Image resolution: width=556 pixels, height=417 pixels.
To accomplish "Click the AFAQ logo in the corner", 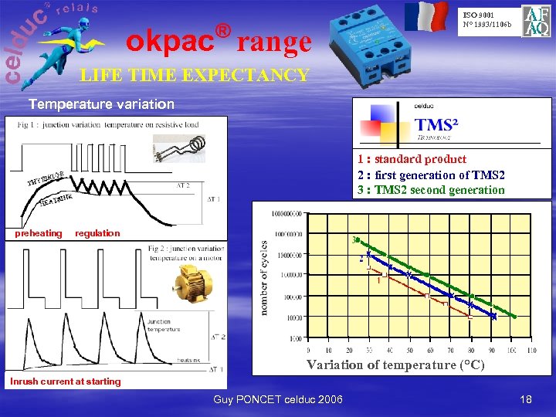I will pos(536,22).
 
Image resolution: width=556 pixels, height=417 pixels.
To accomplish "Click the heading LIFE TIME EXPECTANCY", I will pos(195,76).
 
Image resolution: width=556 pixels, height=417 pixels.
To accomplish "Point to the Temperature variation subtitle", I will pos(101,103).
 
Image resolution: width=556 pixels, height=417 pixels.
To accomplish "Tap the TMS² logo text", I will pos(437,125).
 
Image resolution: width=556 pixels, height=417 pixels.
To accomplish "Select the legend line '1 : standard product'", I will pos(412,159).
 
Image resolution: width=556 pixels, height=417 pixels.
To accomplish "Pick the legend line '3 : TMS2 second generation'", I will pos(430,190).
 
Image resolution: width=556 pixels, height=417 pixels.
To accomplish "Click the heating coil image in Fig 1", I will pos(181,146).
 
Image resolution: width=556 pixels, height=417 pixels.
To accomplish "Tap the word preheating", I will pos(39,233).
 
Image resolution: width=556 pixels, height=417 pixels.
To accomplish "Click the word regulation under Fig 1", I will pos(97,233).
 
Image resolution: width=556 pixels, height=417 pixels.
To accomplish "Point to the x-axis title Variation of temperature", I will pos(395,364).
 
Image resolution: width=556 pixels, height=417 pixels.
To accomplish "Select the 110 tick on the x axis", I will pos(531,351).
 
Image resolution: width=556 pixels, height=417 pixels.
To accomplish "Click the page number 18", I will pos(526,399).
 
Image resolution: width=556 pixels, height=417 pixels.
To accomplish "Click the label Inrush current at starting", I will pos(66,381).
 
